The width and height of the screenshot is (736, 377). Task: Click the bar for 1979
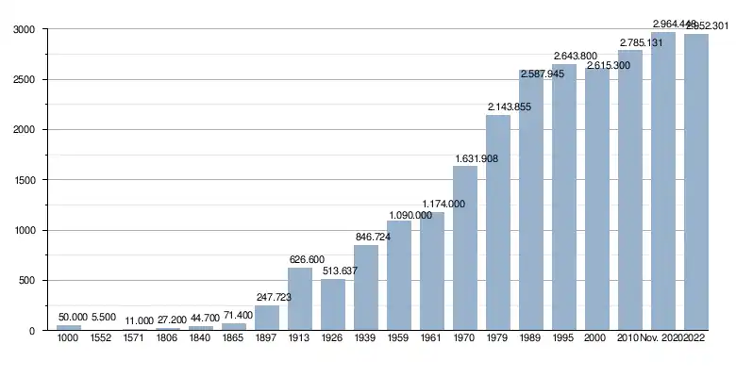pyautogui.click(x=498, y=222)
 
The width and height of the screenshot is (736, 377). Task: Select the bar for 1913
pyautogui.click(x=300, y=299)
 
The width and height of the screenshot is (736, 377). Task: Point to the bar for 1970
pyautogui.click(x=465, y=248)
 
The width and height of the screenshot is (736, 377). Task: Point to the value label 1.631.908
pyautogui.click(x=476, y=158)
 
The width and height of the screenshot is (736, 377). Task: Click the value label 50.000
pyautogui.click(x=73, y=317)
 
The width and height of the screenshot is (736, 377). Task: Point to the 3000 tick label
pyautogui.click(x=29, y=30)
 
